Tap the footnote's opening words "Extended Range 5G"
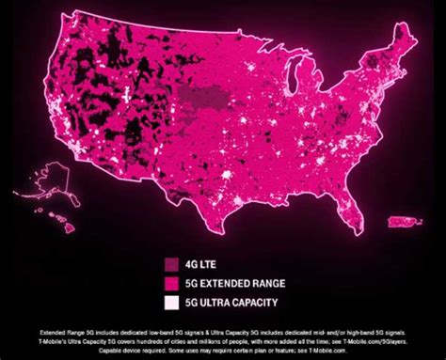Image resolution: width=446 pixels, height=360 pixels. (62, 331)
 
